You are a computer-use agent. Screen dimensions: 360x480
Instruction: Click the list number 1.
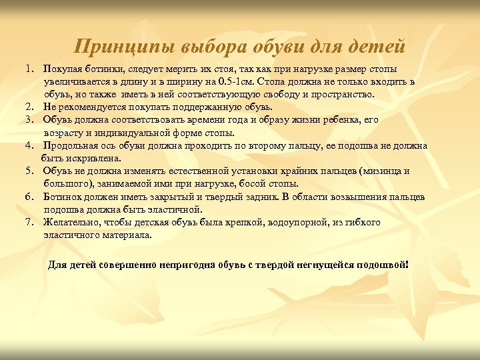pos(30,69)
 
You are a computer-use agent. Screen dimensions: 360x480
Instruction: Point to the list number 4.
pos(30,145)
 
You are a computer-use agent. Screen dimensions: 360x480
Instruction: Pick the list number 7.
pos(30,222)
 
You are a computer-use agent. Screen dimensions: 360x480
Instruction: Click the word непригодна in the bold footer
pos(190,264)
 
